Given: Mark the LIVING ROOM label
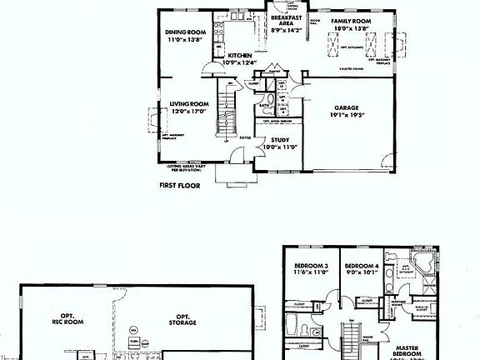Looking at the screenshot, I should point(187,104).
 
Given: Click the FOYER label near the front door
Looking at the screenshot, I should point(246,136).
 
